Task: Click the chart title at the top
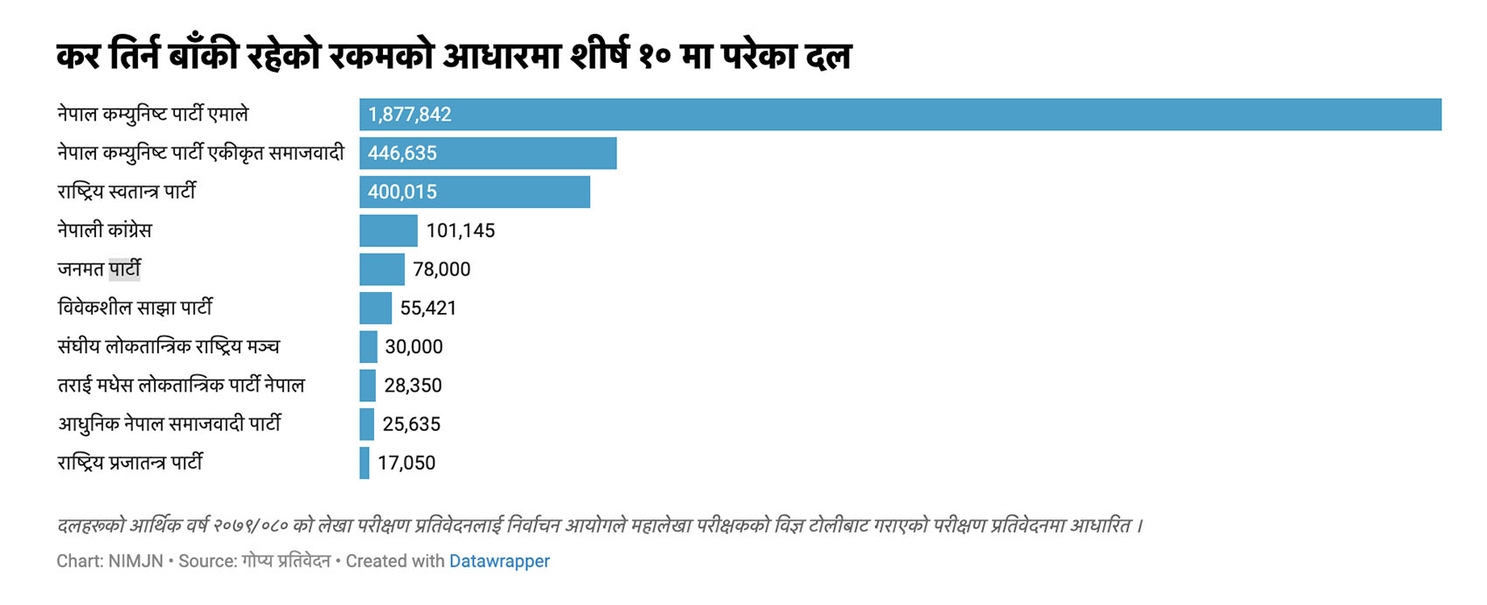[x=454, y=57]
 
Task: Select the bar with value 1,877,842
[x=900, y=115]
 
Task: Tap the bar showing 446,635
[x=488, y=153]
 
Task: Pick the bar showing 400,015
[x=475, y=191]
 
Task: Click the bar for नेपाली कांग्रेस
[x=388, y=231]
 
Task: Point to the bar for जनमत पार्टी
[x=382, y=269]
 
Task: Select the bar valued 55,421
[x=375, y=308]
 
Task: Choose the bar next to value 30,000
[x=368, y=347]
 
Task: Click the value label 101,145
[x=461, y=231]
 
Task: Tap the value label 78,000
[x=441, y=269]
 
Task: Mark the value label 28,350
[x=413, y=386]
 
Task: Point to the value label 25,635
[x=411, y=424]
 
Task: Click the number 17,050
[x=406, y=463]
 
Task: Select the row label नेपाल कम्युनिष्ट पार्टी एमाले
[x=153, y=115]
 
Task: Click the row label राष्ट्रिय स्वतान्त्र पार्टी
[x=127, y=191]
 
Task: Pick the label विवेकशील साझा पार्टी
[x=135, y=308]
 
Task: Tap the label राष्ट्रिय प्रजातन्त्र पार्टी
[x=130, y=463]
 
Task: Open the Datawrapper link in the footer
[x=499, y=561]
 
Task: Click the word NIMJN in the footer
[x=135, y=561]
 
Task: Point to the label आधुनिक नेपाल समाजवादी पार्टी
[x=170, y=424]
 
